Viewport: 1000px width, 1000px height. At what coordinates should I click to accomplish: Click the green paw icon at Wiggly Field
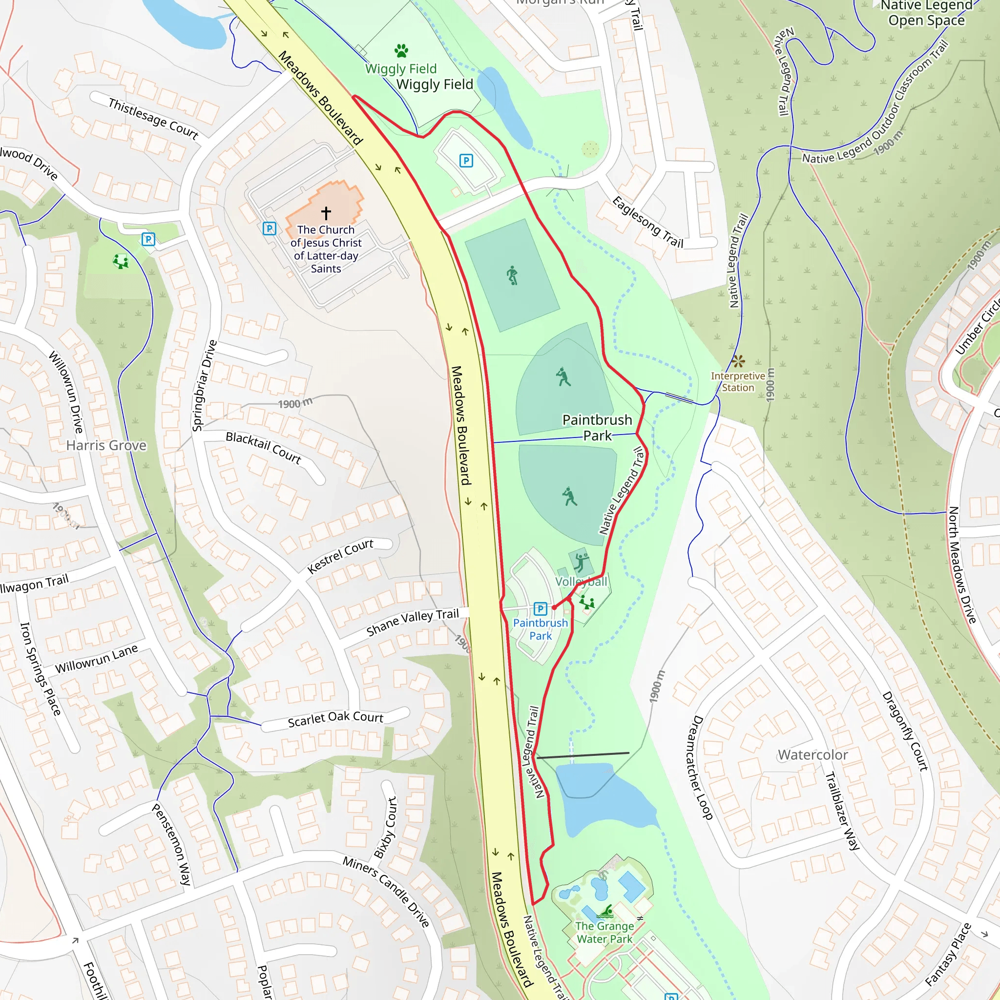coord(401,51)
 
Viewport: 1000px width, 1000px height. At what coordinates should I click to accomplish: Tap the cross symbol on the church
coord(326,213)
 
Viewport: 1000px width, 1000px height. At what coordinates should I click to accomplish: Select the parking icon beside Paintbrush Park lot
coord(540,609)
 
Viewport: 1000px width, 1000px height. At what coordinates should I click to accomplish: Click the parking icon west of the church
coord(269,228)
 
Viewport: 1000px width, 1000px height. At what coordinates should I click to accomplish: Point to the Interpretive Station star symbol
coord(739,361)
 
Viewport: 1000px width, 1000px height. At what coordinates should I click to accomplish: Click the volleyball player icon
coord(581,562)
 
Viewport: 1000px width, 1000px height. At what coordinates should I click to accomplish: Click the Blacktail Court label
coord(264,448)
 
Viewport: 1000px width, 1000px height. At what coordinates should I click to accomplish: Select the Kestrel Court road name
coord(340,556)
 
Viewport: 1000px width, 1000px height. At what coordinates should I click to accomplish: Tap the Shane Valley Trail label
coord(413,622)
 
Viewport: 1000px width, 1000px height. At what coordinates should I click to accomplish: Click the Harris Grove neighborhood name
coord(106,446)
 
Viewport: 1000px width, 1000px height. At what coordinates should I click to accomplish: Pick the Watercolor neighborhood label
coord(812,755)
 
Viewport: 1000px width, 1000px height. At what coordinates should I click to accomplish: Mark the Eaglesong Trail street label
coord(647,223)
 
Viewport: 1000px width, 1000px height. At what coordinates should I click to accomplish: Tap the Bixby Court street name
coord(386,828)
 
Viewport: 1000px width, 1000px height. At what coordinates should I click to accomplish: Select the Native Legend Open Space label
coord(926,14)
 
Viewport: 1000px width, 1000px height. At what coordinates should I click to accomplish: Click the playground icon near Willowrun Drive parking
coord(121,261)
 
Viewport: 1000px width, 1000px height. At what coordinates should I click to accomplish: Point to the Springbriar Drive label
coord(205,386)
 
